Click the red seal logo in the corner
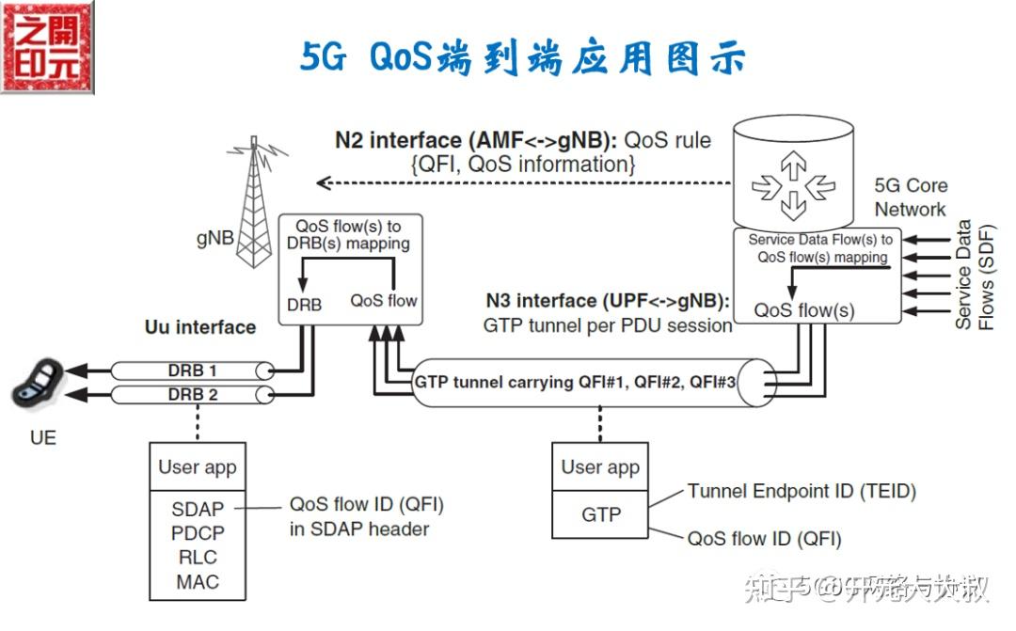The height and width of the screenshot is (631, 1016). pos(47,47)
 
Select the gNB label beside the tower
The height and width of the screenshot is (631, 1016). pos(215,238)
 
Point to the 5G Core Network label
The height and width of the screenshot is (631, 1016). pos(910,197)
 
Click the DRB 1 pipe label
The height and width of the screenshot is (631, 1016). pos(193,371)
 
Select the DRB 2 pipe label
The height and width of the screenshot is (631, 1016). pos(193,394)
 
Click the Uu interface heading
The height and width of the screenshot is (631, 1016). pos(199,327)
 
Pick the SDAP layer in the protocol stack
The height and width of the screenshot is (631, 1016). pos(198,510)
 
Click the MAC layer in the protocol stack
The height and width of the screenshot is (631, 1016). pos(198,582)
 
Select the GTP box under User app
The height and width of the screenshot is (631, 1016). pos(600,515)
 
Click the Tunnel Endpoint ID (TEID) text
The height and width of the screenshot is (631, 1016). pos(801,491)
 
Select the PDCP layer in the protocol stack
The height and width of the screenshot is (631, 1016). pos(198,533)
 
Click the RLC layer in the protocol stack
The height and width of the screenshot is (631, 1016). pos(198,558)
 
